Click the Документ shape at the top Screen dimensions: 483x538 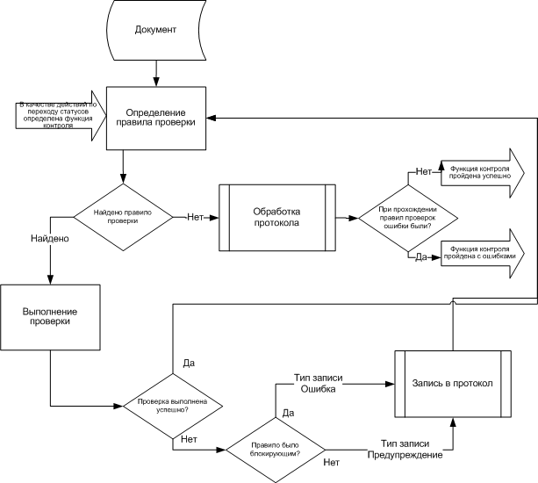click(x=156, y=31)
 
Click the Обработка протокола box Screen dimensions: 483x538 click(x=276, y=217)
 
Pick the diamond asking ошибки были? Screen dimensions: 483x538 click(x=410, y=218)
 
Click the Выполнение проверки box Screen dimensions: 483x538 click(x=50, y=315)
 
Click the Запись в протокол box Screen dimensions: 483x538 click(x=452, y=384)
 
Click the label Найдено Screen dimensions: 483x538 click(x=50, y=238)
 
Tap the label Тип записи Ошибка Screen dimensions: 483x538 click(x=319, y=382)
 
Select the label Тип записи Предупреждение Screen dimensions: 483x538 click(x=411, y=450)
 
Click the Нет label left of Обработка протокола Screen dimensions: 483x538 click(x=196, y=217)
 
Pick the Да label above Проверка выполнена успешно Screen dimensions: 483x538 click(x=188, y=362)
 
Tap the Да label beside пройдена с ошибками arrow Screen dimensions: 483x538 click(x=420, y=256)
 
